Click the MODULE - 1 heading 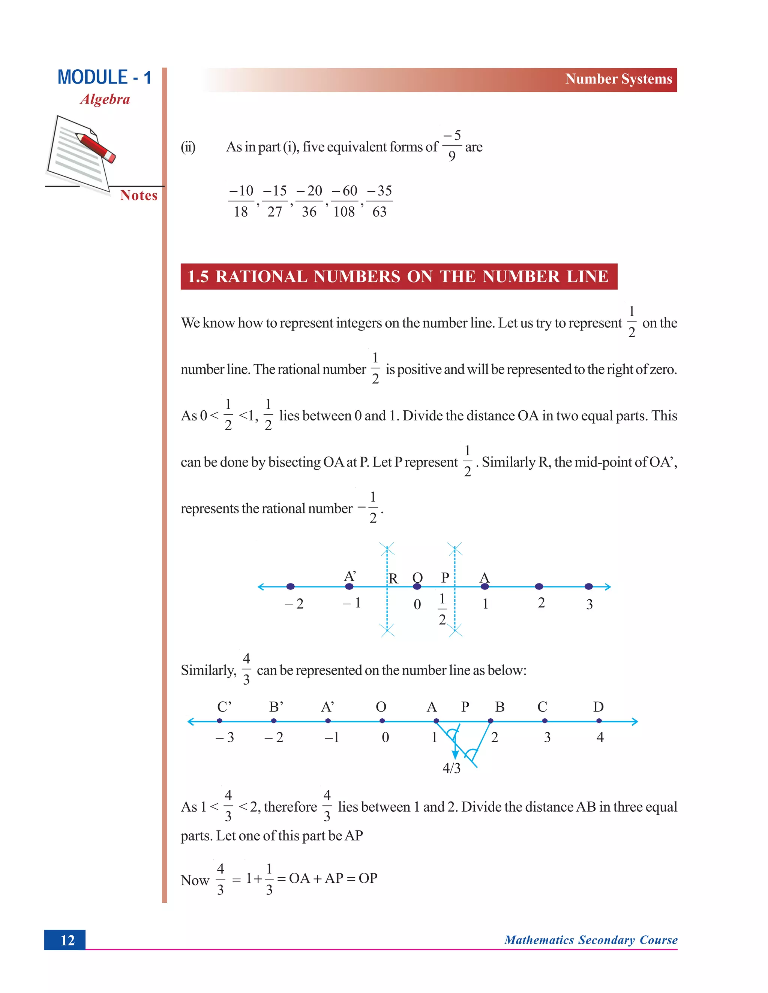point(104,77)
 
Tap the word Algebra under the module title point(105,99)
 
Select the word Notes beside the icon point(139,196)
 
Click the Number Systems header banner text point(618,79)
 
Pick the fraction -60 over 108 point(344,201)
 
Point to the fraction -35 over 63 point(379,201)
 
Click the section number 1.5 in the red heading point(198,277)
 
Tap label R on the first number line point(393,578)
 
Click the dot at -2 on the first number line point(290,586)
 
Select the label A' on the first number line point(349,576)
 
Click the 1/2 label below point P point(442,609)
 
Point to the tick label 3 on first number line point(589,604)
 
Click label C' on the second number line point(224,707)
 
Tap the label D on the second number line point(598,707)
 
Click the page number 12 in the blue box point(67,940)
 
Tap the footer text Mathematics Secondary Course point(591,940)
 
